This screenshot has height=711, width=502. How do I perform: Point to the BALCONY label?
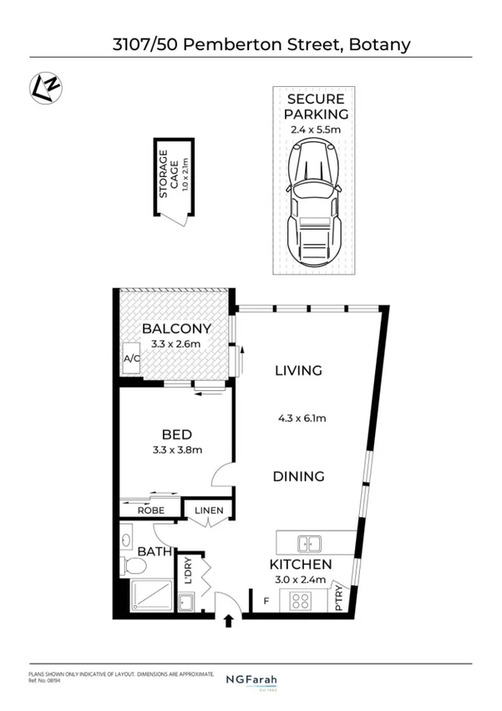(x=175, y=328)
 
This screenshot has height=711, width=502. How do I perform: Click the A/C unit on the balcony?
(x=131, y=358)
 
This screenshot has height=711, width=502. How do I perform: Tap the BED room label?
(x=176, y=434)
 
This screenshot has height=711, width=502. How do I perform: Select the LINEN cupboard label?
(x=209, y=510)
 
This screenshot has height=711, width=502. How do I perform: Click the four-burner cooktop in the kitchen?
(x=299, y=600)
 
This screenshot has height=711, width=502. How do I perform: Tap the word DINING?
(x=298, y=477)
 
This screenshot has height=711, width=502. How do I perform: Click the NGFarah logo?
(x=251, y=680)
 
